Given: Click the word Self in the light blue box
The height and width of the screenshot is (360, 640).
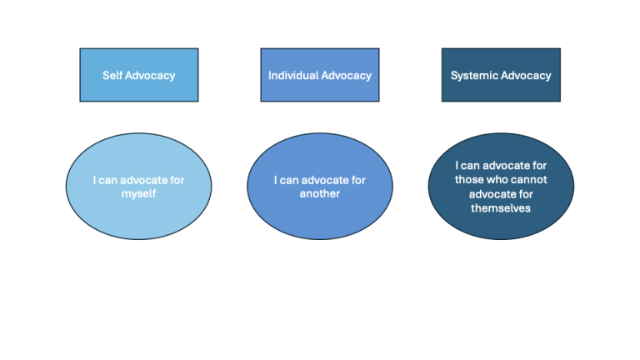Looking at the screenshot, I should click(x=112, y=75).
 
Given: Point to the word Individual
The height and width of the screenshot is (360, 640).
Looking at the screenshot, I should click(x=291, y=75).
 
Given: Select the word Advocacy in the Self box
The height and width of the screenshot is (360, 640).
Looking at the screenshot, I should click(x=150, y=75).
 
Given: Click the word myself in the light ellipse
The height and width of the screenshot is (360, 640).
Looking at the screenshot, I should click(x=138, y=193).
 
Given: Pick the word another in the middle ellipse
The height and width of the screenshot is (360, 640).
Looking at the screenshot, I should click(x=319, y=193).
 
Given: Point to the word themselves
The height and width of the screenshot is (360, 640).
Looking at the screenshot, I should click(x=500, y=207).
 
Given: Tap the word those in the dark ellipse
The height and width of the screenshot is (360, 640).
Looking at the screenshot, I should click(x=469, y=179).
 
